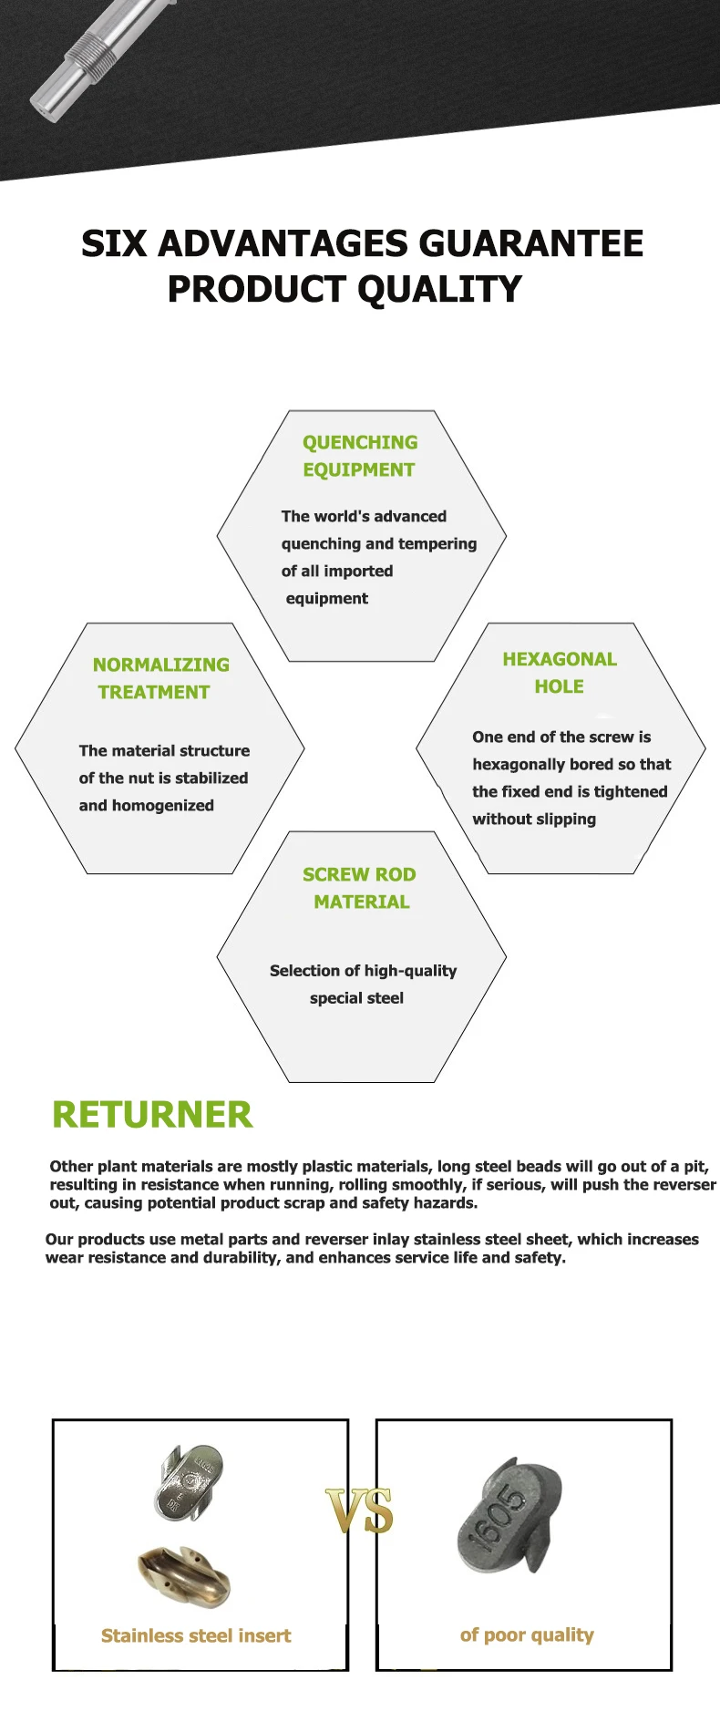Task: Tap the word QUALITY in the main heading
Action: (439, 290)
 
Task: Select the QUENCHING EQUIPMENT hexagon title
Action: (360, 456)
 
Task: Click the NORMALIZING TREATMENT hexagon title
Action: (160, 678)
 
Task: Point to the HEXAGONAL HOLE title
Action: (560, 673)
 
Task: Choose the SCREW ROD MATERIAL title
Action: (360, 888)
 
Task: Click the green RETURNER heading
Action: (152, 1115)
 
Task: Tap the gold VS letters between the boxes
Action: (360, 1511)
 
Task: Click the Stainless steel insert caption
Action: (196, 1635)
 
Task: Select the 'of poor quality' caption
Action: (527, 1634)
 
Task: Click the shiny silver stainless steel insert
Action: (189, 1481)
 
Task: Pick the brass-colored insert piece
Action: (184, 1575)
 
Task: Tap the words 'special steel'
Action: (356, 998)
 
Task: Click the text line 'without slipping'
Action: (534, 819)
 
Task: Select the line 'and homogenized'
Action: (147, 806)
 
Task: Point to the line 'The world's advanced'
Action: (364, 516)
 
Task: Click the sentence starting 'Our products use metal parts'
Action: (372, 1248)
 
